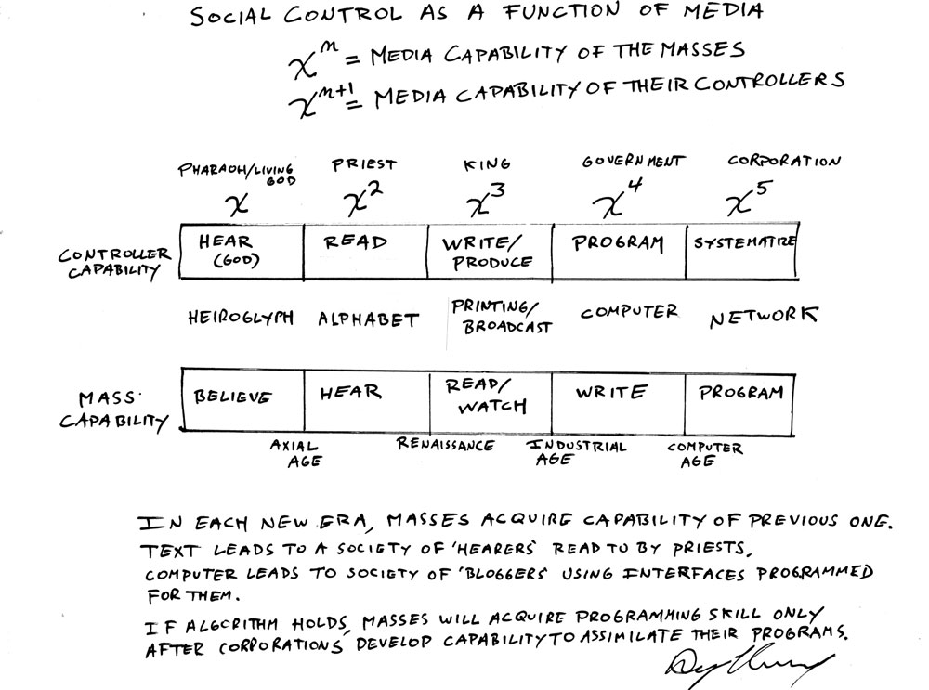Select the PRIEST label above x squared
click(364, 165)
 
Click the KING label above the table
click(487, 165)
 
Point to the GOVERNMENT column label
click(634, 162)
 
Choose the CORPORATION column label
click(784, 161)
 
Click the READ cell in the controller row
click(356, 242)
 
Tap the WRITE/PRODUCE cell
click(489, 252)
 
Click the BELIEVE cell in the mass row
click(233, 397)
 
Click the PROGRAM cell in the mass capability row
click(741, 393)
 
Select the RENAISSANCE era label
click(446, 445)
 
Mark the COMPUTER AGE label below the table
click(705, 454)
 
